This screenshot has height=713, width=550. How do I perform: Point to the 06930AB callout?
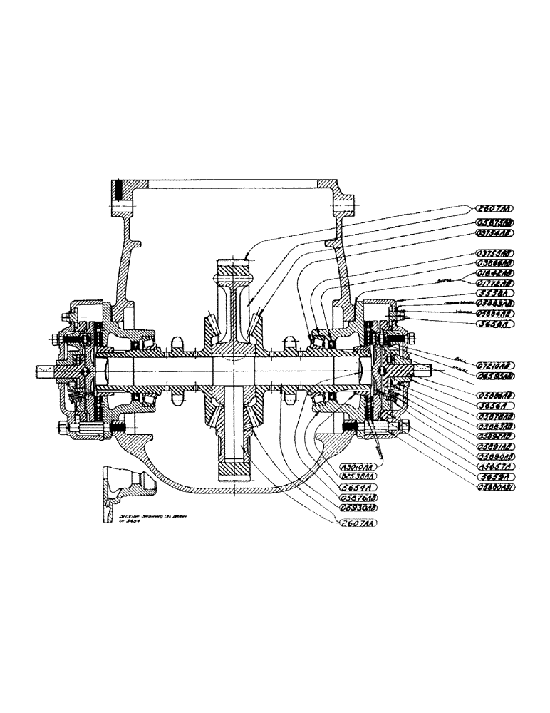click(x=359, y=507)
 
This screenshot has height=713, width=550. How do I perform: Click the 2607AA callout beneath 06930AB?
click(x=358, y=523)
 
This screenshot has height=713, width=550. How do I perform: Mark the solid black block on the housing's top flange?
click(x=119, y=191)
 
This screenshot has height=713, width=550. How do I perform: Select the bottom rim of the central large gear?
click(x=235, y=471)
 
